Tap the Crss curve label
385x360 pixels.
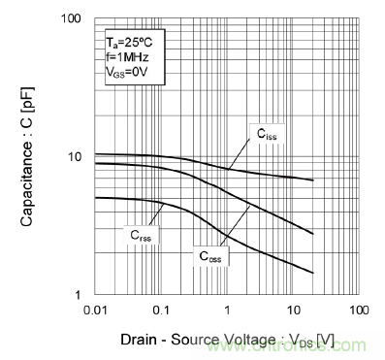click(143, 234)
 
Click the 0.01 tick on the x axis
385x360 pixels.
click(96, 310)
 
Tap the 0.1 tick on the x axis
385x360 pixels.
click(162, 310)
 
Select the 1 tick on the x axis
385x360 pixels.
click(227, 310)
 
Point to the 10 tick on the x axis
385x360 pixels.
click(292, 310)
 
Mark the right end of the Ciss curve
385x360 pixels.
click(312, 180)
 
